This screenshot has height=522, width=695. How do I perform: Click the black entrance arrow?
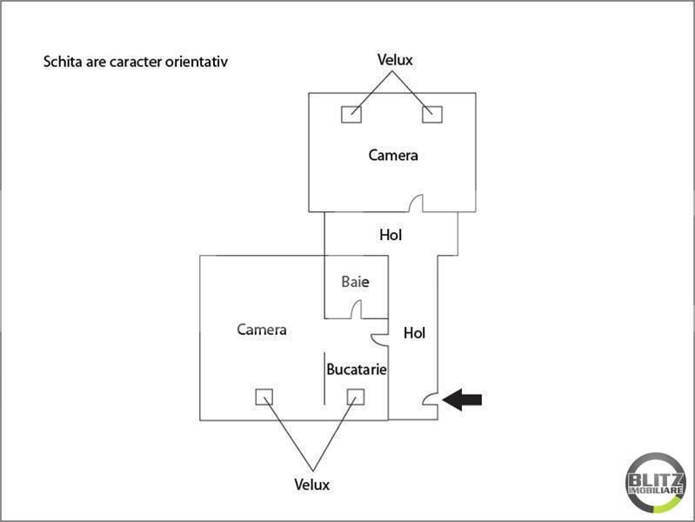pos(462,399)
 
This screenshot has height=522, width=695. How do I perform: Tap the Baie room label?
pos(355,282)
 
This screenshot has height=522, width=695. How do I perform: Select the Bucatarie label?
pos(357,370)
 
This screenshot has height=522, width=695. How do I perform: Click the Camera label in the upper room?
pos(393,155)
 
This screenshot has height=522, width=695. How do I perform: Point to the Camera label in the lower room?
pos(262,330)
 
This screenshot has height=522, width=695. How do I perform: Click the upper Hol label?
pos(391,235)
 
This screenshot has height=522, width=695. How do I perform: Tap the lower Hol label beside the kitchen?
pos(414,333)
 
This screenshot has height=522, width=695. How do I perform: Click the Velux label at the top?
pos(395,60)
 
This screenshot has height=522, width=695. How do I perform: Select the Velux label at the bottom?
pos(312,485)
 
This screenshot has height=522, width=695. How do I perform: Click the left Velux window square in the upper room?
pos(351,115)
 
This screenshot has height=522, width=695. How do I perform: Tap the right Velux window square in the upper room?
pos(432,115)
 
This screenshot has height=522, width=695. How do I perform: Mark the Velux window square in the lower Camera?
pos(264,397)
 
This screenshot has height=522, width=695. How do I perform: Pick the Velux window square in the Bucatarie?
pos(356,397)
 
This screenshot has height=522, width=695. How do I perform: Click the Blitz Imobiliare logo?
pos(656,483)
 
